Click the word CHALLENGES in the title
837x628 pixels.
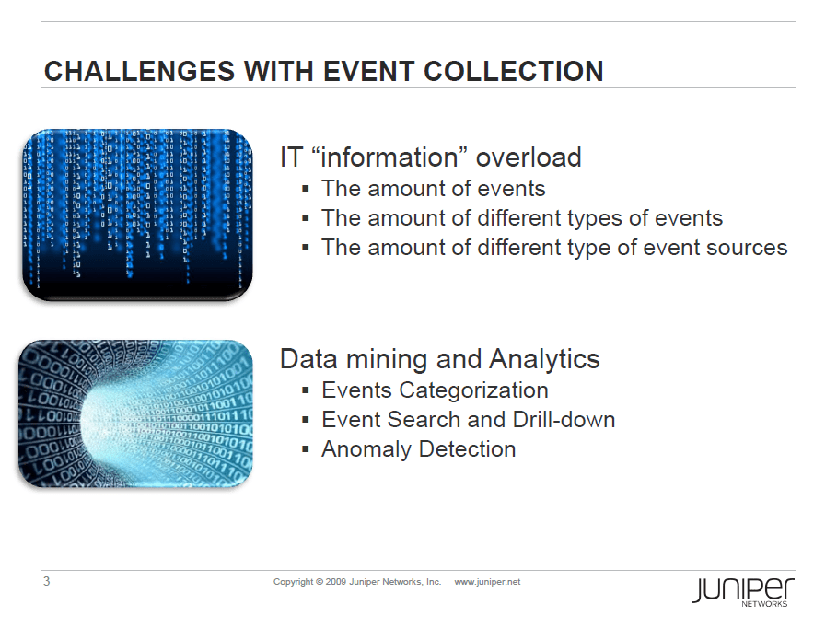[x=139, y=72]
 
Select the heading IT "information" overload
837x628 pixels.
[x=431, y=157]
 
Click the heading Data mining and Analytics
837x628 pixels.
[x=440, y=359]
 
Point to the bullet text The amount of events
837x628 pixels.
[x=434, y=189]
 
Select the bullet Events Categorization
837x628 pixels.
[x=435, y=390]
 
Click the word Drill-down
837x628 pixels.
[x=564, y=420]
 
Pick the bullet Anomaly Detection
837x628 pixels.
[x=418, y=449]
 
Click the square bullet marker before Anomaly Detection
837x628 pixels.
[x=306, y=449]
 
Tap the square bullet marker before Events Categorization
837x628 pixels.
[x=306, y=390]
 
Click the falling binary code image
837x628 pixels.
[x=137, y=215]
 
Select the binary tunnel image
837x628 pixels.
[x=135, y=413]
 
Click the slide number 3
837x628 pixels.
[x=46, y=582]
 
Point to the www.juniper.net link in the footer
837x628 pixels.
[x=487, y=582]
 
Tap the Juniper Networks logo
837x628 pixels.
[x=744, y=592]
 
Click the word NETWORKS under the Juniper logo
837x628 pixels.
[x=764, y=604]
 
